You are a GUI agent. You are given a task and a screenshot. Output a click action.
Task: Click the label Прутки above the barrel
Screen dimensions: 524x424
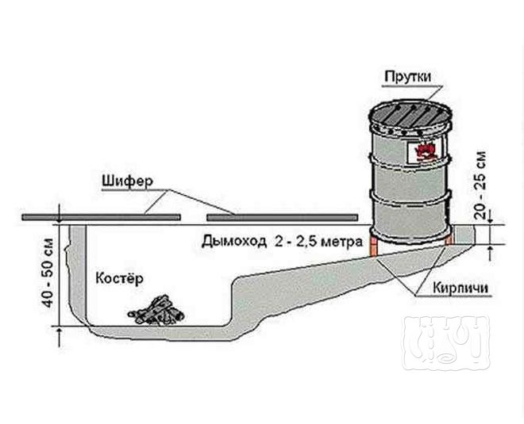point(408,77)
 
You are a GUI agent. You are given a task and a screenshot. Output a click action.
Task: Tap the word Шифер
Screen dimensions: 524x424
point(127,182)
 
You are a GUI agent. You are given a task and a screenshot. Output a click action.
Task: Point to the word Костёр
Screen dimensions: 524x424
point(119,278)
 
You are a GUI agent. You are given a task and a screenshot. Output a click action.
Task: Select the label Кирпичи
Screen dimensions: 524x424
point(460,287)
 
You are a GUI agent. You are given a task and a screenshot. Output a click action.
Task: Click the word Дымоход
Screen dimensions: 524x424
point(234,241)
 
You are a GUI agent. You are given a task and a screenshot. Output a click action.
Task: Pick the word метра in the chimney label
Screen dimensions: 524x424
point(341,242)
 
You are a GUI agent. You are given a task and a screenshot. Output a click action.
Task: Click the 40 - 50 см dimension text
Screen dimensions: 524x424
point(48,273)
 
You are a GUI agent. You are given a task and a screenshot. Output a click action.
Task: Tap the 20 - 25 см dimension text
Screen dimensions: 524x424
point(480,185)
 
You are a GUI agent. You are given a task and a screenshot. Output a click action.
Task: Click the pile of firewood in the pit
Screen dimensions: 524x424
point(156,310)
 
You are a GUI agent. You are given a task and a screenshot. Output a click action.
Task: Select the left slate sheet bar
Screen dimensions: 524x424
point(102,217)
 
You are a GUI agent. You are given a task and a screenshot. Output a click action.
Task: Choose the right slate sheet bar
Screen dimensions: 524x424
point(283,217)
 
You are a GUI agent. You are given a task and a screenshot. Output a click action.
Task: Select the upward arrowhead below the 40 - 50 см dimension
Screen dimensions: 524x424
point(60,332)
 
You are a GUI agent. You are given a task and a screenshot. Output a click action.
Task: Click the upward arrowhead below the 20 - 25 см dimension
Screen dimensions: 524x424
point(490,250)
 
